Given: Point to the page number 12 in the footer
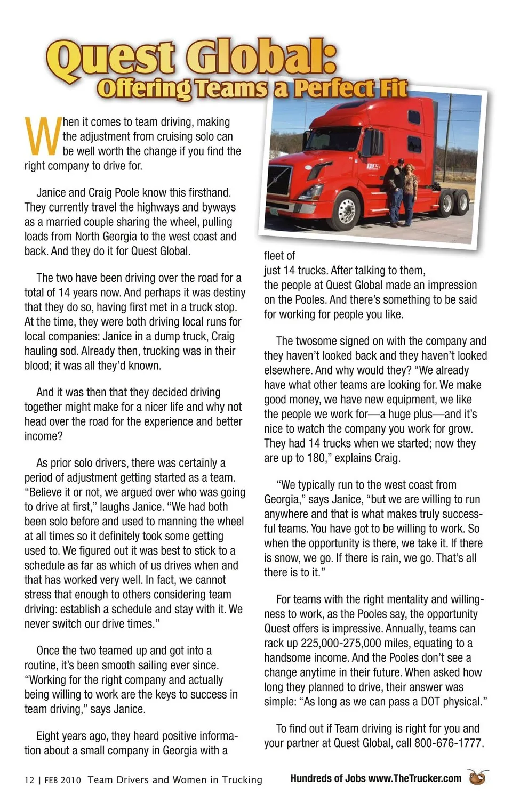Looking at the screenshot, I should tap(29, 780).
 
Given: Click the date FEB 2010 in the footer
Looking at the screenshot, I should tap(62, 780).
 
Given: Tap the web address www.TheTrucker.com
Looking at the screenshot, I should tap(414, 778).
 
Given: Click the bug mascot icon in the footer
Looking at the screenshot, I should tap(478, 777).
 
